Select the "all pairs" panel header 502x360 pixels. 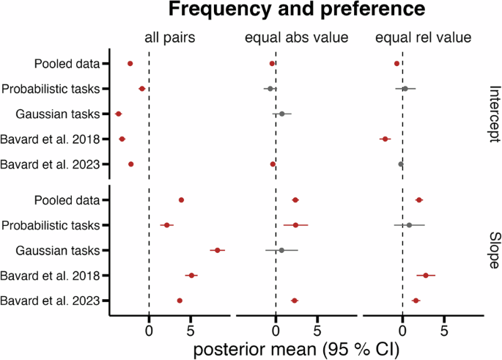click(x=169, y=38)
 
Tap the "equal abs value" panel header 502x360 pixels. click(x=295, y=38)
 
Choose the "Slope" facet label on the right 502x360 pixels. click(x=492, y=250)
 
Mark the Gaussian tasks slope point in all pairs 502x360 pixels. click(x=217, y=251)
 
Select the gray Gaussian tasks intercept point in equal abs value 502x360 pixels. click(x=281, y=114)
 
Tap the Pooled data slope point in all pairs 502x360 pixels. click(x=181, y=200)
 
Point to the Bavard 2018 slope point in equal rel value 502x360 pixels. click(x=426, y=276)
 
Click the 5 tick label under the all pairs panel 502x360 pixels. click(x=191, y=329)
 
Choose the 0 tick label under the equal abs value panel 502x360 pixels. click(x=276, y=329)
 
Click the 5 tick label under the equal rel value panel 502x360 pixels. click(x=444, y=329)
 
